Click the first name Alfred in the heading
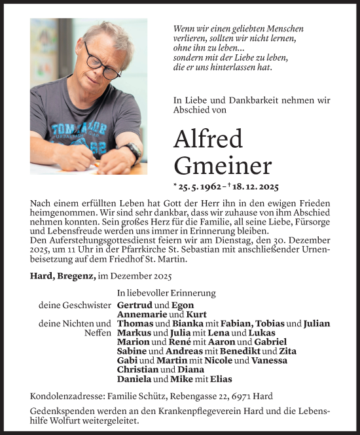tap(208, 139)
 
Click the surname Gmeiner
tap(223, 166)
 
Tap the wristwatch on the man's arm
tap(132, 152)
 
